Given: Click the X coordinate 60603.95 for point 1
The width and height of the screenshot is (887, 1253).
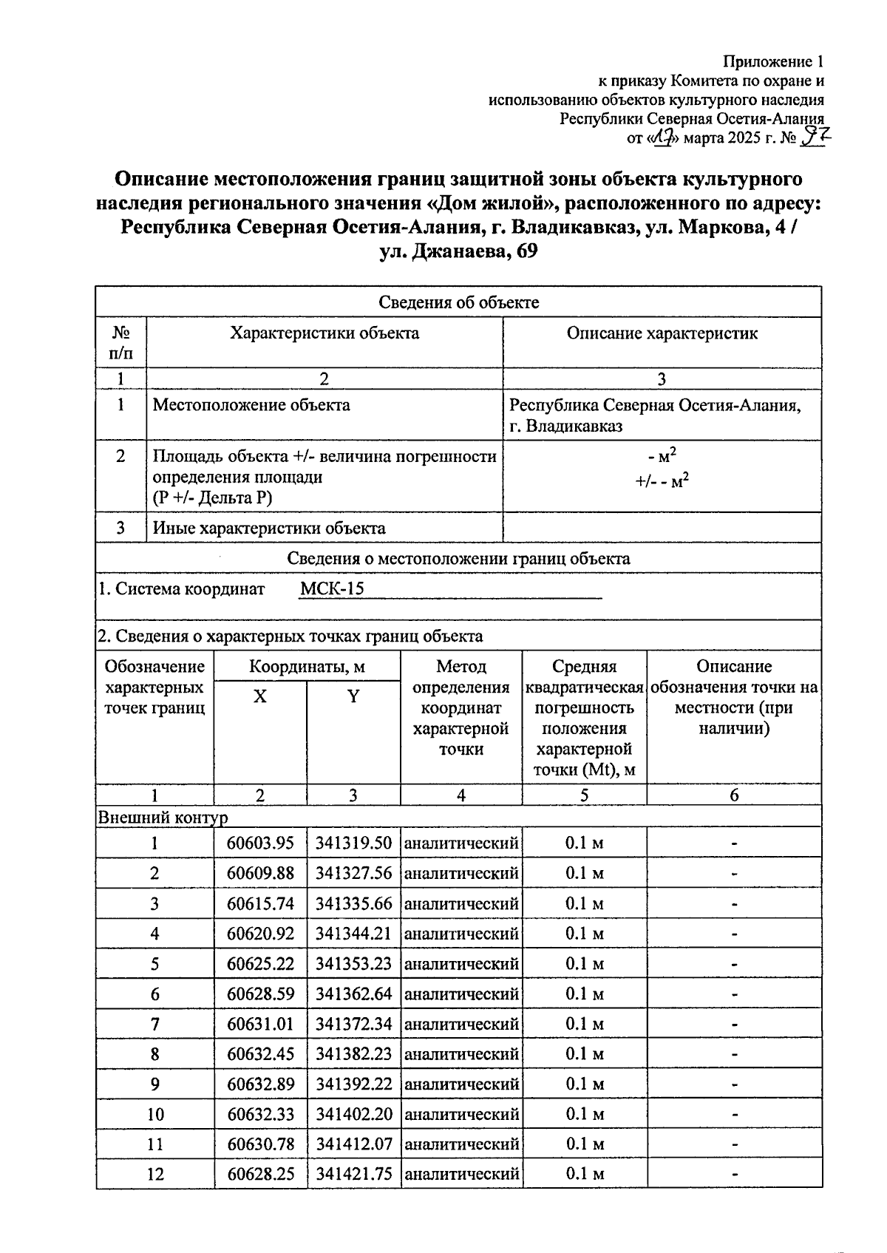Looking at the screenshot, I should pos(260,843).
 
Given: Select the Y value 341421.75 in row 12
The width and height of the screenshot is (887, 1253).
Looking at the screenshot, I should pos(353,1175).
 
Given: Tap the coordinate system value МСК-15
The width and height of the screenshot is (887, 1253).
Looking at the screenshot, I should pos(333,589).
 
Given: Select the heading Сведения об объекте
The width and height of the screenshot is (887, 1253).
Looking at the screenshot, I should pos(458,302).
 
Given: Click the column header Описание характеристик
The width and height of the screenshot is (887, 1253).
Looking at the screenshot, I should pos(662,333).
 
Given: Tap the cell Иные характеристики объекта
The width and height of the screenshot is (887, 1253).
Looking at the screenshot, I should pos(269,529).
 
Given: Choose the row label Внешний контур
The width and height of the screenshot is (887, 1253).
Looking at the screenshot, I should pos(163,818).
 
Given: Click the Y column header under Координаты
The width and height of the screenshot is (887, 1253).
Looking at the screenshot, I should pos(353,696).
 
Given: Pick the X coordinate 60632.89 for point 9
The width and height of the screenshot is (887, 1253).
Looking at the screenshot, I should pos(260,1084).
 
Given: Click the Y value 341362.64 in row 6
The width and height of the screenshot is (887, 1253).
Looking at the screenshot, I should pos(353,994).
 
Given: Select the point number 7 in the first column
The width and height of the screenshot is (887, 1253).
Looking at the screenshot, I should pos(154,1025).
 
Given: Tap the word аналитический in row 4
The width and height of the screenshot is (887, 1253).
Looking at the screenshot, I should pos(461,934).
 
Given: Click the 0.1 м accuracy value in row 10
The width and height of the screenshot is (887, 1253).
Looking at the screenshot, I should pos(584,1115).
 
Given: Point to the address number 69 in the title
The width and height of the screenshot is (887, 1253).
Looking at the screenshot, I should pos(523,252).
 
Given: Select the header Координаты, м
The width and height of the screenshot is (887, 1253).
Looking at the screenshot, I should pos(307,667).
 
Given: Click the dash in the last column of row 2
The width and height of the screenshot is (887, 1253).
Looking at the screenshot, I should pos(734,874).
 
